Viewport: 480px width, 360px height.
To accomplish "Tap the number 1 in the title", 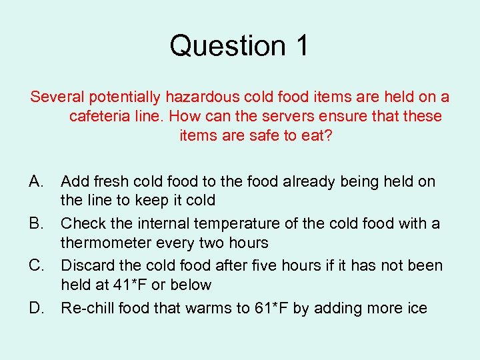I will click(x=300, y=46).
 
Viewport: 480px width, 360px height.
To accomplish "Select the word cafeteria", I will click(x=99, y=116).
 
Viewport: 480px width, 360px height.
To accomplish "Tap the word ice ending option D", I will click(x=416, y=308).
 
